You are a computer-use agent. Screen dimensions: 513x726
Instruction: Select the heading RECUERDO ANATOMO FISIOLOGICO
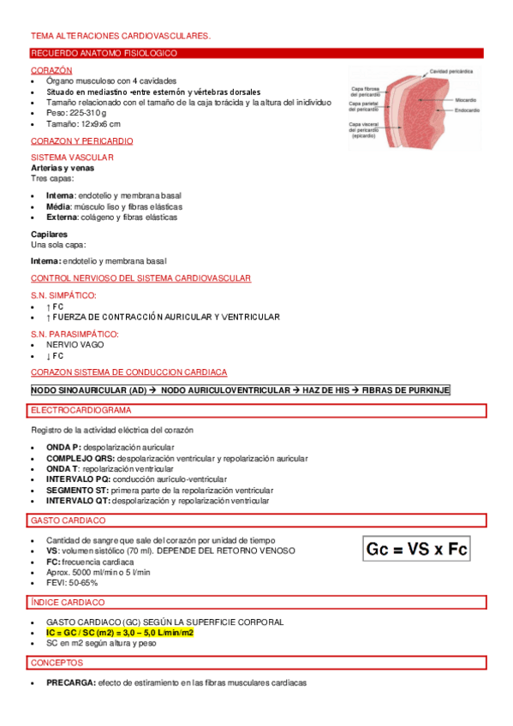point(104,53)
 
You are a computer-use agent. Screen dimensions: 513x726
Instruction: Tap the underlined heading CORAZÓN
point(51,69)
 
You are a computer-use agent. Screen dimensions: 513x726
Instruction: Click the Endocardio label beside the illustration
point(467,110)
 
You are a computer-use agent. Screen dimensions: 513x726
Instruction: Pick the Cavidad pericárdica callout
point(453,71)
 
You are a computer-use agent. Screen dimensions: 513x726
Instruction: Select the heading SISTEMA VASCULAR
point(72,158)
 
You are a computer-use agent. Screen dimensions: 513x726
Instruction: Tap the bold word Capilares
point(49,234)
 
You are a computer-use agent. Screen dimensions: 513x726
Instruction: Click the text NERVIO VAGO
point(75,344)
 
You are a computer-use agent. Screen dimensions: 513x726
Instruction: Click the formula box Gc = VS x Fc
point(416,549)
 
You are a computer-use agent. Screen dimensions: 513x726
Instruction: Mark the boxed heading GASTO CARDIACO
point(68,521)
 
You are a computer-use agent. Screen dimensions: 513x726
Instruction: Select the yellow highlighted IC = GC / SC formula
point(120,633)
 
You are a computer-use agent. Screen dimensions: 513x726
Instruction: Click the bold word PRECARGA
point(70,683)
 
